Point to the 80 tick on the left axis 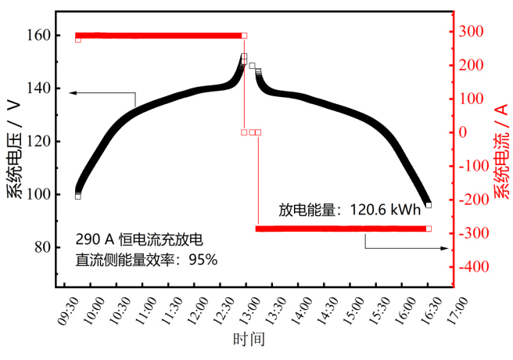pos(42,247)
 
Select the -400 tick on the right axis pos(474,267)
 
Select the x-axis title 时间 pos(249,340)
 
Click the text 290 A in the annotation pos(91,238)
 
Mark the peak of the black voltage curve pos(244,57)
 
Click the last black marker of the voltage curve pos(429,205)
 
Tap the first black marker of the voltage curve pos(78,196)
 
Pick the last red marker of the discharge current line pos(429,229)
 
